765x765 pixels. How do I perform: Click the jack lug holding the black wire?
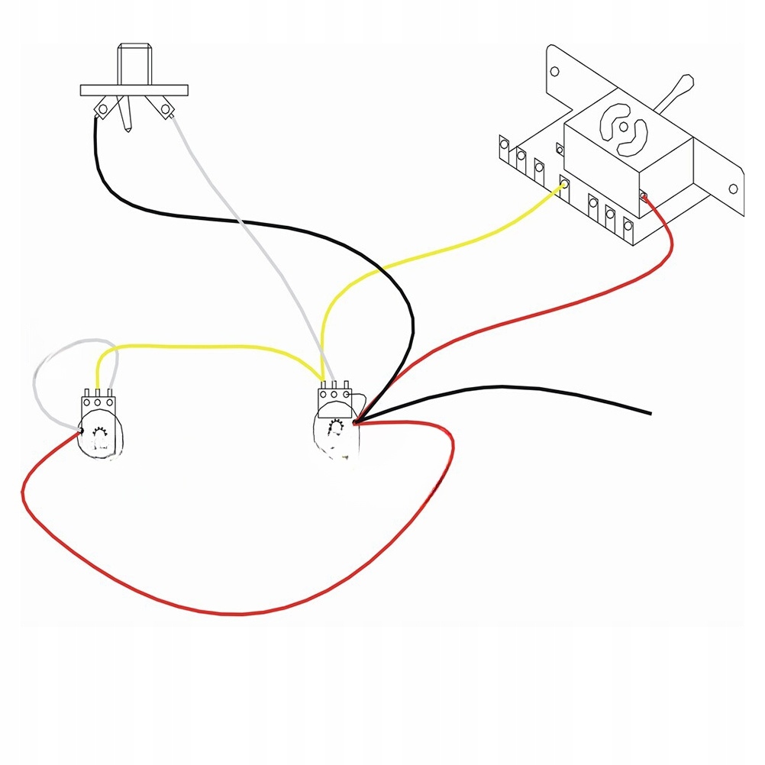100,111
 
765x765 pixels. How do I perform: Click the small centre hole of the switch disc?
622,127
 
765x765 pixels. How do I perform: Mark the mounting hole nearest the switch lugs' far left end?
555,73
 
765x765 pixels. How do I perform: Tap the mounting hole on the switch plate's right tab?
733,189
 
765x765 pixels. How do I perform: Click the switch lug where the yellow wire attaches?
565,186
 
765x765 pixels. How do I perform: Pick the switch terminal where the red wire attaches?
644,198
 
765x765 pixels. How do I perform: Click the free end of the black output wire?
650,414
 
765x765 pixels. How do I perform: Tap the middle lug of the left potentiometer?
98,399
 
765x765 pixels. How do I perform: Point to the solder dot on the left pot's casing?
80,432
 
